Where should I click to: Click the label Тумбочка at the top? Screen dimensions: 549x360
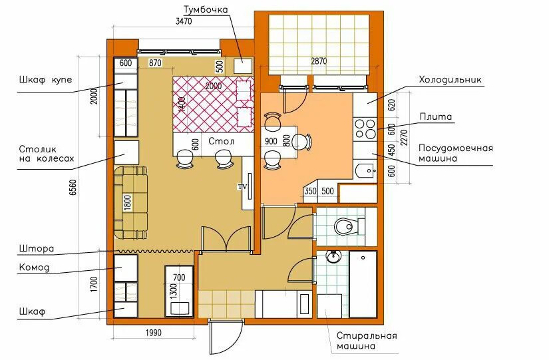[x=206, y=9]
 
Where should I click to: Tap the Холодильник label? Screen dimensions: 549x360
[x=451, y=80]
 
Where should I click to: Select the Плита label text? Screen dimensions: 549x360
[x=436, y=116]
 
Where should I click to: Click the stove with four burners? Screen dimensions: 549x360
[x=365, y=129]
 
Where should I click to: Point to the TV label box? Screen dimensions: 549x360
[x=243, y=186]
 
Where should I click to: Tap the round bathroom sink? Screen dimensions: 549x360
[x=333, y=257]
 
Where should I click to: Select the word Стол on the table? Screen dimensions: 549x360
[x=222, y=142]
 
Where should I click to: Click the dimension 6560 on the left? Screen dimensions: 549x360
[x=73, y=188]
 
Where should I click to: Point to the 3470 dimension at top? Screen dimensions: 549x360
[x=184, y=21]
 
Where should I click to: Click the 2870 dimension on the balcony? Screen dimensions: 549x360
[x=319, y=61]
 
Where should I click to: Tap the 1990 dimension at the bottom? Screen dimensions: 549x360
[x=153, y=332]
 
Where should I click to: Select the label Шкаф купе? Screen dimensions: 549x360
[x=45, y=80]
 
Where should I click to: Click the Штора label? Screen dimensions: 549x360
[x=37, y=249]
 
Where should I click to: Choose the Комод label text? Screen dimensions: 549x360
[x=34, y=268]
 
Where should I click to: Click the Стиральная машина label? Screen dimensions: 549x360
[x=367, y=341]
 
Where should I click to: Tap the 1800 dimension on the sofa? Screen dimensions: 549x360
[x=128, y=202]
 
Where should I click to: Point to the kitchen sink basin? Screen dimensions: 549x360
[x=365, y=171]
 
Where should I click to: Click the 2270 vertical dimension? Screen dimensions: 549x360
[x=404, y=138]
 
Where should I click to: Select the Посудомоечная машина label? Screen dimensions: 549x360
[x=456, y=153]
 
